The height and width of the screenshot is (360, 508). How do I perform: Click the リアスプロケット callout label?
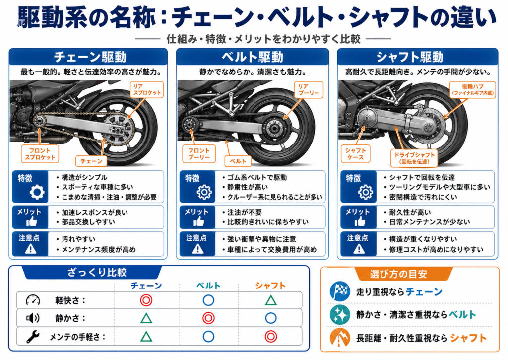coord(147,89)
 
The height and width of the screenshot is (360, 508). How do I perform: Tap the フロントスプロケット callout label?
coord(40,154)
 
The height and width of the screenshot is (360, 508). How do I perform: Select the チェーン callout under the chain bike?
coord(91,161)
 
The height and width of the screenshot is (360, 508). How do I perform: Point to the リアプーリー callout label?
coord(309,89)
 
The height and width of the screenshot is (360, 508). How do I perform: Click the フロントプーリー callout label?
coord(198,154)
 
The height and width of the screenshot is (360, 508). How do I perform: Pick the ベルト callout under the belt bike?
coord(238,161)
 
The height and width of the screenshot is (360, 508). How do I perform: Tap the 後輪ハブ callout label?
coord(473,89)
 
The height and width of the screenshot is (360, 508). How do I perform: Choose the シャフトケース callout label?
coord(355,154)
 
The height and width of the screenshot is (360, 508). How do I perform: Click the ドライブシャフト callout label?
coord(414,158)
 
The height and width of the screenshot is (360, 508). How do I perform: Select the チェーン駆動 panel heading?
coord(90,57)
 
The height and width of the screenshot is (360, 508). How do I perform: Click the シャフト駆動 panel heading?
coord(409,57)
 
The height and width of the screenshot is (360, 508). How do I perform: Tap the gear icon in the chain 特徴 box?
coord(37,192)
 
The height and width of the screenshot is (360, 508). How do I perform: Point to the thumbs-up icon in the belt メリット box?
coord(198,222)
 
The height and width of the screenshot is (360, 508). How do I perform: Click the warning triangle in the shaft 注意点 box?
coord(359,249)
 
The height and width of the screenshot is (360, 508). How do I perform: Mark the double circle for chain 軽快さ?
coord(146,300)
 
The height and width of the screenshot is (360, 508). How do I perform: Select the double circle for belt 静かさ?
coord(208,318)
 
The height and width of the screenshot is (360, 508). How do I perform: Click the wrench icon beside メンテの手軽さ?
coord(33,337)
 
